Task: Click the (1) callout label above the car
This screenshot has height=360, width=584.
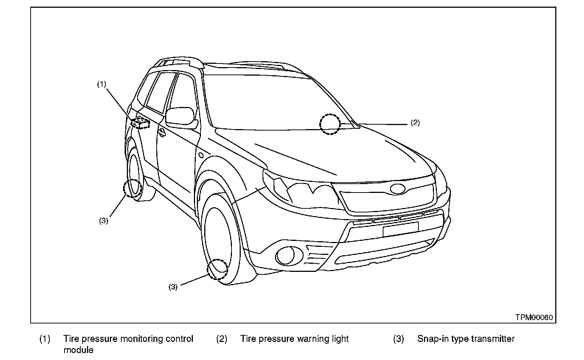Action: pyautogui.click(x=101, y=84)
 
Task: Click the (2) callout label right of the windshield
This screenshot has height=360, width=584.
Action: pyautogui.click(x=415, y=123)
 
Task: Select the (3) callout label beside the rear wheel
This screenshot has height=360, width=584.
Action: pyautogui.click(x=104, y=221)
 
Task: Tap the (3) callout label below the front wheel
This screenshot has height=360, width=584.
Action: pyautogui.click(x=173, y=287)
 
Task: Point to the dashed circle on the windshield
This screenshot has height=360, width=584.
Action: pyautogui.click(x=330, y=124)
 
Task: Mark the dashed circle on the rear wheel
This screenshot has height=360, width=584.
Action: pyautogui.click(x=133, y=189)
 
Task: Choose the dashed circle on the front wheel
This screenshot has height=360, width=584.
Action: pyautogui.click(x=218, y=269)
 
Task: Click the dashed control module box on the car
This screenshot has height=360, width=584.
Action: pyautogui.click(x=140, y=123)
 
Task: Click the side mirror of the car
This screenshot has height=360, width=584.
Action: pyautogui.click(x=181, y=117)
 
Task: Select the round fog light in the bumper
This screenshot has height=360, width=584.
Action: pyautogui.click(x=285, y=256)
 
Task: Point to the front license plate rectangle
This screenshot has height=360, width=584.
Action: pyautogui.click(x=400, y=229)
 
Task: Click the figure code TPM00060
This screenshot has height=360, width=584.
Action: pyautogui.click(x=534, y=318)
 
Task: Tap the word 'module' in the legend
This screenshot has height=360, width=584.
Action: pyautogui.click(x=78, y=350)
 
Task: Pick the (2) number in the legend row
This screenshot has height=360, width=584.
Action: pyautogui.click(x=221, y=339)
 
